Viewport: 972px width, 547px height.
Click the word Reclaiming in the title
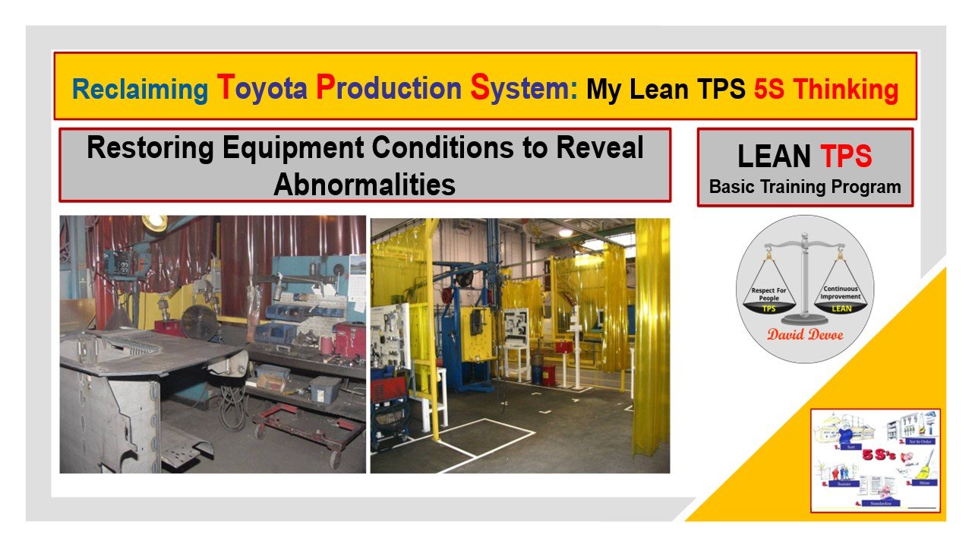140,90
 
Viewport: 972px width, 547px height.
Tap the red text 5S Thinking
826,90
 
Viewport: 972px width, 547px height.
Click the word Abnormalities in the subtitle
364,185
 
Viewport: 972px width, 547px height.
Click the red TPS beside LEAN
846,157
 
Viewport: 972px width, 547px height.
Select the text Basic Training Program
805,187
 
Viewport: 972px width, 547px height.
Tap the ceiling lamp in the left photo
155,222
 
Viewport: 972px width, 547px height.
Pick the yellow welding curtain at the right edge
652,334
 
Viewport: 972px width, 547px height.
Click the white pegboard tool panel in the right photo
394,334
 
